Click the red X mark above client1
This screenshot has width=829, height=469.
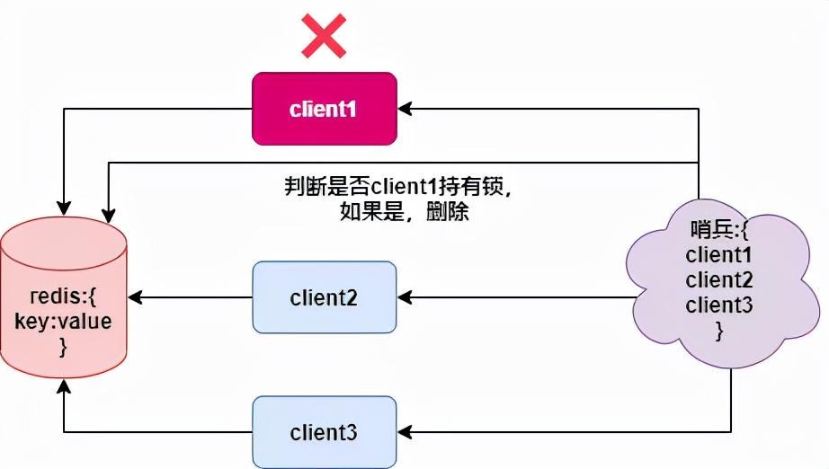[324, 37]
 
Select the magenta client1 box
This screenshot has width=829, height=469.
[324, 109]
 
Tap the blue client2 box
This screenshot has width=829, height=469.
[324, 297]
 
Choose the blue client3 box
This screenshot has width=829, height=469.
[324, 432]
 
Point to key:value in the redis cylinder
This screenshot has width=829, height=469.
[63, 322]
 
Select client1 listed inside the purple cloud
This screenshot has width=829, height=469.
[718, 255]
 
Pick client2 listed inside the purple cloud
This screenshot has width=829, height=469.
[718, 280]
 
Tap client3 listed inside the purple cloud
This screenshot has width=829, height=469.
[718, 305]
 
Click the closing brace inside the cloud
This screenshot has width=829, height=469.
[718, 331]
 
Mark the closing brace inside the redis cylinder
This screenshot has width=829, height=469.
[63, 347]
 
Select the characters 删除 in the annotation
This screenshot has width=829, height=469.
[452, 214]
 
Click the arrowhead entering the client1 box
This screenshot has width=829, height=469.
[404, 109]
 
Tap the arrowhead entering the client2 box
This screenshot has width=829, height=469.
[404, 297]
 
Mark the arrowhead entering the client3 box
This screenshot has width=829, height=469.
[404, 432]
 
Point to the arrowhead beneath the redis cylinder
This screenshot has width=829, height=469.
[63, 387]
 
